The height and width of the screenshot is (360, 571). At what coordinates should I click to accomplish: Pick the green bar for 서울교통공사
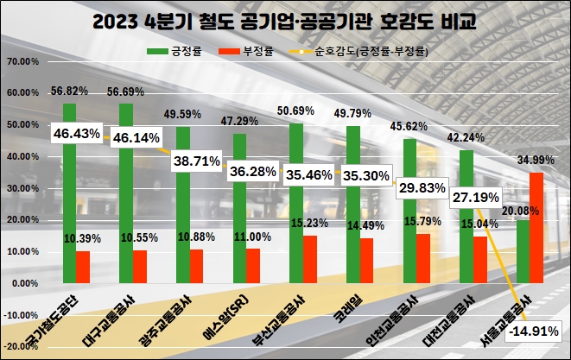(x=523, y=251)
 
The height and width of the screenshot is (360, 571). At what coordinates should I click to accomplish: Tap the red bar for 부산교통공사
(x=310, y=259)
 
